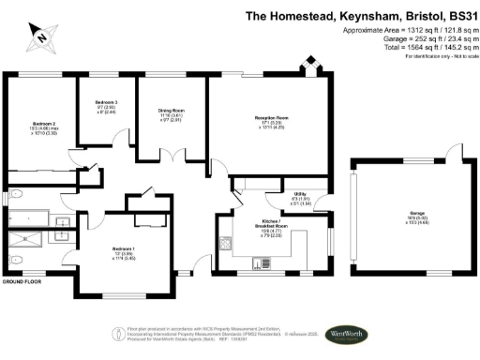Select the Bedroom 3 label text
point(105,106)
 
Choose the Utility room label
point(301,195)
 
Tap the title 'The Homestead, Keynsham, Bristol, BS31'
point(360,15)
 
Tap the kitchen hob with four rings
point(228,244)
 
